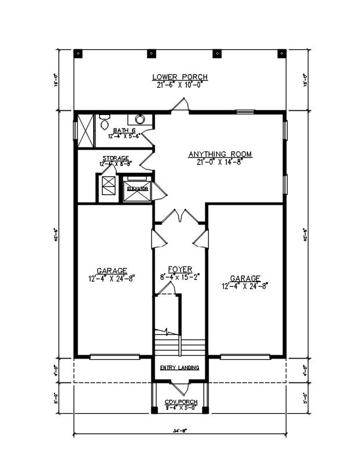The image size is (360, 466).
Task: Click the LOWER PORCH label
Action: click(180, 77)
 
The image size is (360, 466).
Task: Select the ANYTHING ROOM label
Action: click(220, 154)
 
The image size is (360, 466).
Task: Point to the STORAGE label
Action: click(115, 158)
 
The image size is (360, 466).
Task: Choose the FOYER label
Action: click(180, 269)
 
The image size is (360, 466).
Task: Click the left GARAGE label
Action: click(112, 270)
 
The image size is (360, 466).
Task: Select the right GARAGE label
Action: click(245, 279)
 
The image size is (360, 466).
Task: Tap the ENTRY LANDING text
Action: click(180, 368)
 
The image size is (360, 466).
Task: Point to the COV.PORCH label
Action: click(181, 402)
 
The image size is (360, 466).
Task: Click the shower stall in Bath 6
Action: click(85, 131)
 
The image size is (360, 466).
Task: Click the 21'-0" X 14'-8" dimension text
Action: click(220, 162)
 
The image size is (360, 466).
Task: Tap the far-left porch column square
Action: click(79, 53)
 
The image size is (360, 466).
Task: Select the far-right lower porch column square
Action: click(281, 53)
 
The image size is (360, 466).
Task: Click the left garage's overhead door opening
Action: click(114, 356)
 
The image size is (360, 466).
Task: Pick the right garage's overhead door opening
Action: click(246, 356)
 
